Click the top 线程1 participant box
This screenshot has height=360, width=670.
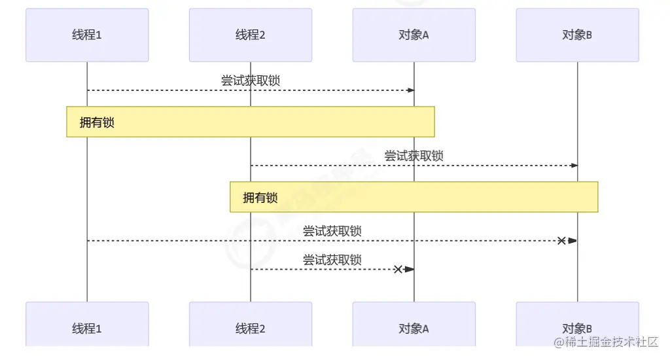[87, 35]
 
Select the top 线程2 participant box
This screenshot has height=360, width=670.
[251, 35]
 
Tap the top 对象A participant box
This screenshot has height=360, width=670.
[414, 35]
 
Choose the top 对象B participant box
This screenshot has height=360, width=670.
[577, 35]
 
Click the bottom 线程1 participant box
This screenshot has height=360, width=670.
[87, 328]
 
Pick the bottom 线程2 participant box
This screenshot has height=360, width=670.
[251, 328]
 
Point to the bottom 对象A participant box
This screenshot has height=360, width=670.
[414, 328]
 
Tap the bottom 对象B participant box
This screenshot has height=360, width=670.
[577, 328]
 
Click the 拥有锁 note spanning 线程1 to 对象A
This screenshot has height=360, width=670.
[251, 122]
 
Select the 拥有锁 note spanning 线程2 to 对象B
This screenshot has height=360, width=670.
[414, 197]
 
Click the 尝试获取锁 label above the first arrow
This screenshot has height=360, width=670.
[251, 81]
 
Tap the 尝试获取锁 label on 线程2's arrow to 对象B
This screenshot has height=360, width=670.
[414, 156]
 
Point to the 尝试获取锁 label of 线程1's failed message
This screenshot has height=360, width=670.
[332, 231]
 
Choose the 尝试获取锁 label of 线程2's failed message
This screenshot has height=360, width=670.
[332, 260]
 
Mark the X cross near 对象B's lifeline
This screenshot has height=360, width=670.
[561, 241]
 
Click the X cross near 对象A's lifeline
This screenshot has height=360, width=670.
[398, 269]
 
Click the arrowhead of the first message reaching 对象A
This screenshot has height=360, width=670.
[411, 90]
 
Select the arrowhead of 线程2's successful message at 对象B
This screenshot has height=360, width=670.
[574, 166]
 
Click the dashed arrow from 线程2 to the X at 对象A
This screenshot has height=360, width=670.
[321, 269]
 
